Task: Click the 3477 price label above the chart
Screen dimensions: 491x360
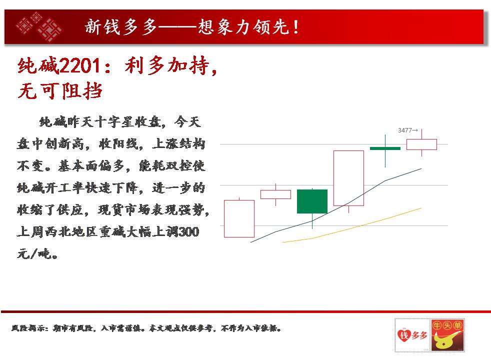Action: pos(407,130)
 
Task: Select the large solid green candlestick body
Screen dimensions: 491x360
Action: pos(312,201)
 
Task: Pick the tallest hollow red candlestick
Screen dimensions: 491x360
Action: pos(349,178)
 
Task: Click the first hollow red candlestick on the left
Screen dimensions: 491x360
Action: pos(239,218)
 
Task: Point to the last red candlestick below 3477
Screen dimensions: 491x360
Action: pos(421,144)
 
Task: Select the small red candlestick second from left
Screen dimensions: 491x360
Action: pos(275,194)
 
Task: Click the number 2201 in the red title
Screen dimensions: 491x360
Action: pos(79,65)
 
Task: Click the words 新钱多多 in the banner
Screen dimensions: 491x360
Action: pos(120,26)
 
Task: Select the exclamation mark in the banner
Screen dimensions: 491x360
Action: pos(295,27)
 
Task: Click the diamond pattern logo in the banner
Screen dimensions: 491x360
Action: pos(39,26)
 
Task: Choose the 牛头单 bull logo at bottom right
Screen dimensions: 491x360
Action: pos(447,335)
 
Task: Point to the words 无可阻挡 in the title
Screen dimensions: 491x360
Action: pos(60,91)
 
